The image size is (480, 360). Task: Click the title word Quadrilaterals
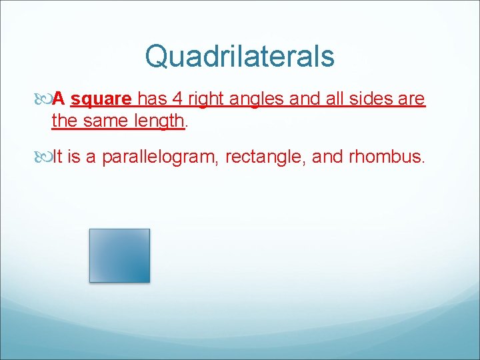pos(239,56)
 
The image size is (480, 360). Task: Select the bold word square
pos(101,99)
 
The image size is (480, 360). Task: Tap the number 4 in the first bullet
pos(177,99)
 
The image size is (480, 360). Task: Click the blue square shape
pos(119,255)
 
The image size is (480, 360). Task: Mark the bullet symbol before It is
pos(44,157)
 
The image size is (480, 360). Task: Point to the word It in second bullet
pos(57,157)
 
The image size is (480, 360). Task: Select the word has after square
pos(152,99)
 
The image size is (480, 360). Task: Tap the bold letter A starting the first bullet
pos(59,99)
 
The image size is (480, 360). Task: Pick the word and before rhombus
pos(326,157)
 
